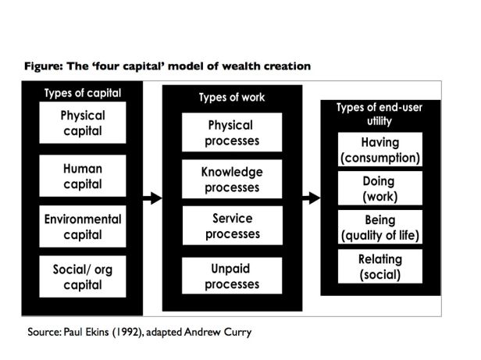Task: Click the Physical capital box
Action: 83,123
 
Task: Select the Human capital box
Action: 83,176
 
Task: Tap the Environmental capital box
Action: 83,226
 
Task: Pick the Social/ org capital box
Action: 83,276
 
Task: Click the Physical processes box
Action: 232,132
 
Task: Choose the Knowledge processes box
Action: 232,179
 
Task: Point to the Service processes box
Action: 232,226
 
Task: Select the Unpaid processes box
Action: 232,276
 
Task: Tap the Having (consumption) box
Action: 380,149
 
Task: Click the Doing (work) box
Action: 380,188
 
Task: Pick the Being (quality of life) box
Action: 380,227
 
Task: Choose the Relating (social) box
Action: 380,266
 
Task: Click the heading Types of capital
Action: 83,93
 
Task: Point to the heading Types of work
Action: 232,98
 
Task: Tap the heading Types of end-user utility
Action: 379,114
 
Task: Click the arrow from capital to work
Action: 152,198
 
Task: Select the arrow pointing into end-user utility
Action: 312,198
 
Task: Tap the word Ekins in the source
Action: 97,332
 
